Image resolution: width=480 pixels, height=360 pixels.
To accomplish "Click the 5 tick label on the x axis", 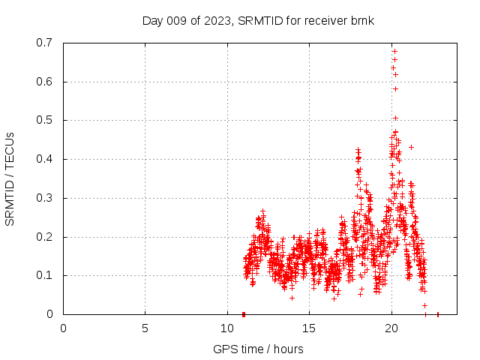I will pos(145,328).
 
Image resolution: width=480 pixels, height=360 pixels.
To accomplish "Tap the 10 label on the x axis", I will pos(227,328).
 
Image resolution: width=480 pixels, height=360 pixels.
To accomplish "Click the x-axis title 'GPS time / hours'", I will pos(258,349).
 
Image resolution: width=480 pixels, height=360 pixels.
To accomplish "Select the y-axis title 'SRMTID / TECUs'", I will pos(10,178).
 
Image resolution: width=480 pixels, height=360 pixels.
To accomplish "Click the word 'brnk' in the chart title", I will pos(362,20).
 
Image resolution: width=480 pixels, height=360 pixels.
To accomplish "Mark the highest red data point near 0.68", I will pos(394,51).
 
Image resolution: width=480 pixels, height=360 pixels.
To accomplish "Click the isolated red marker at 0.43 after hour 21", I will pos(411,147).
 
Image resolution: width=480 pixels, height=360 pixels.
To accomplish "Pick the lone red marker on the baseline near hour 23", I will pos(438,314).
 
